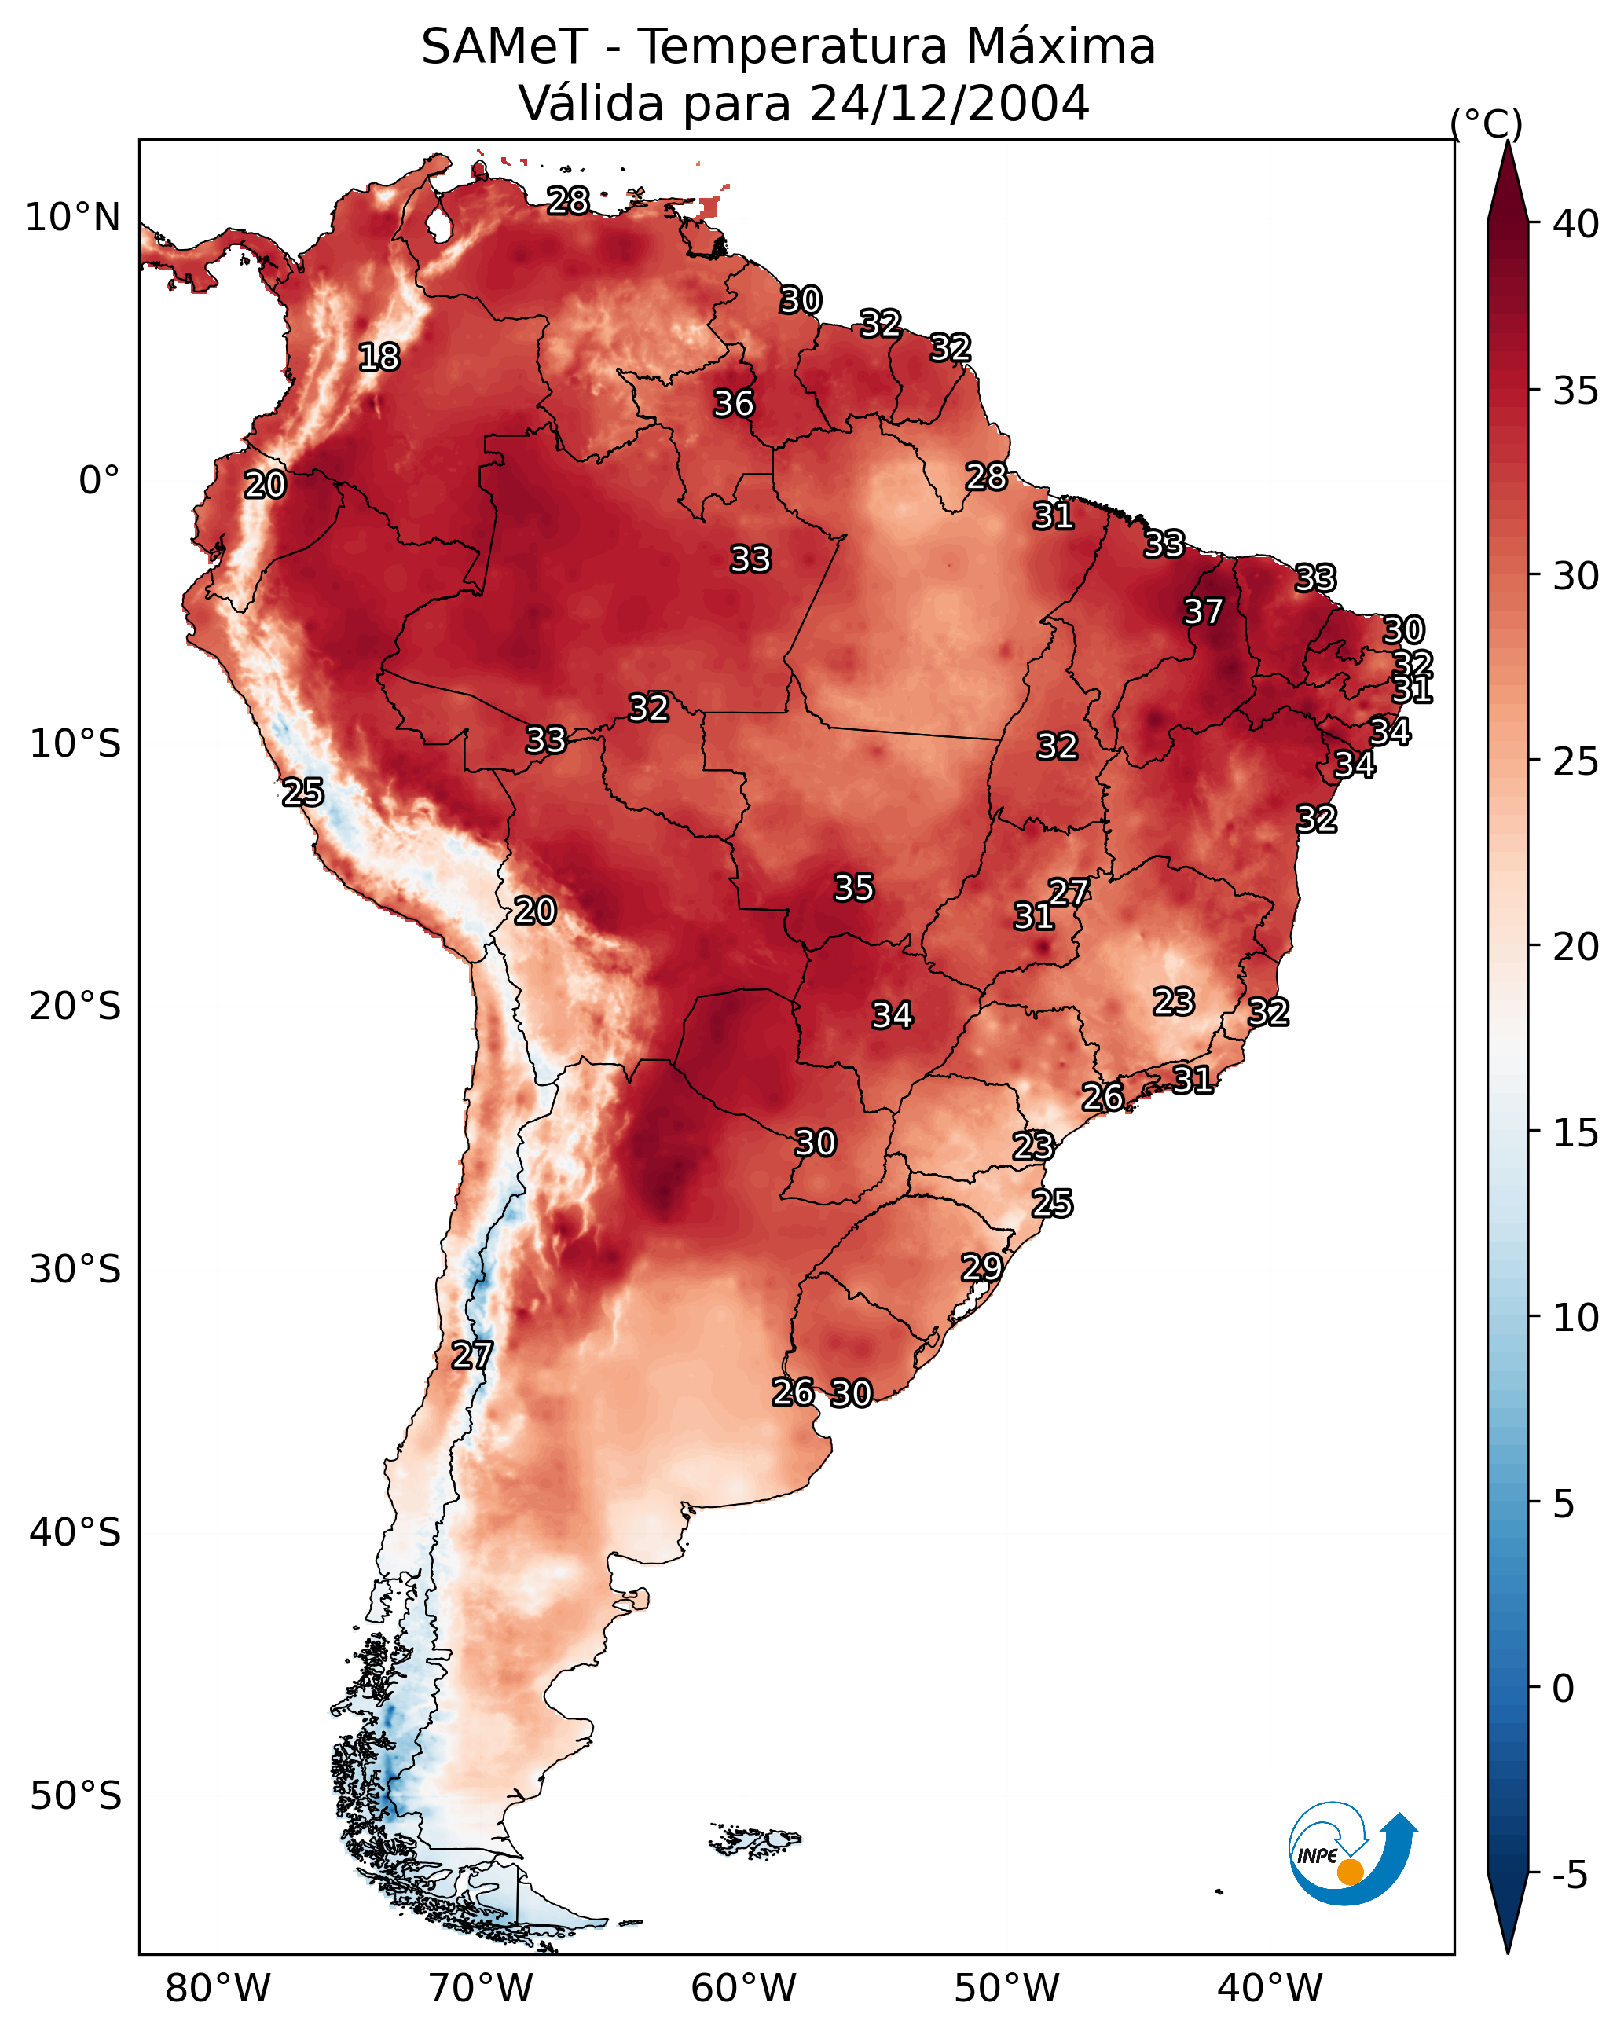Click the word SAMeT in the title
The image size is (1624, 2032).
(504, 47)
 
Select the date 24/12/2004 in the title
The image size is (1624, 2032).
(949, 104)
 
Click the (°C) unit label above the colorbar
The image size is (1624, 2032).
(1487, 124)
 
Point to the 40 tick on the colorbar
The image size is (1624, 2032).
(1576, 224)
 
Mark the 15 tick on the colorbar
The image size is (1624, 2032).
(1576, 1133)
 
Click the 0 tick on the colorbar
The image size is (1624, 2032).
(1564, 1689)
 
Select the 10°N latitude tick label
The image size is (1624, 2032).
(72, 218)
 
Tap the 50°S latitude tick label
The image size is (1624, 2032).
(75, 1796)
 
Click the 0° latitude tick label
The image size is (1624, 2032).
(99, 481)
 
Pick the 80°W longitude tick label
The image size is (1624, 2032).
(218, 1988)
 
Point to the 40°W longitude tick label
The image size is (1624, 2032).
(1270, 1988)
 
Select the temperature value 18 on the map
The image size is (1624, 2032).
(379, 358)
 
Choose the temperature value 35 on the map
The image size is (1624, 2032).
(854, 888)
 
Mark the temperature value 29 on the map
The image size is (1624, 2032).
(981, 1267)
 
